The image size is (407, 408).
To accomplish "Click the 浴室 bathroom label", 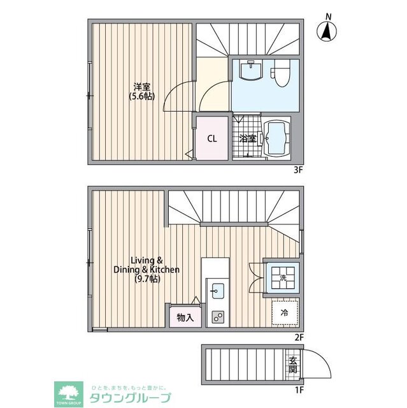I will (247, 138).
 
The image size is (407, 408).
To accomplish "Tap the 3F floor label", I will (297, 170).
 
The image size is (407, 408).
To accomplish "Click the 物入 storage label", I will (185, 317).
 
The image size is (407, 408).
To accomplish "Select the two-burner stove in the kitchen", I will (218, 317).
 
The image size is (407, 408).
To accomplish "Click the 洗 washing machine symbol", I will (282, 276).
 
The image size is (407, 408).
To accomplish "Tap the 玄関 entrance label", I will (292, 364).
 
